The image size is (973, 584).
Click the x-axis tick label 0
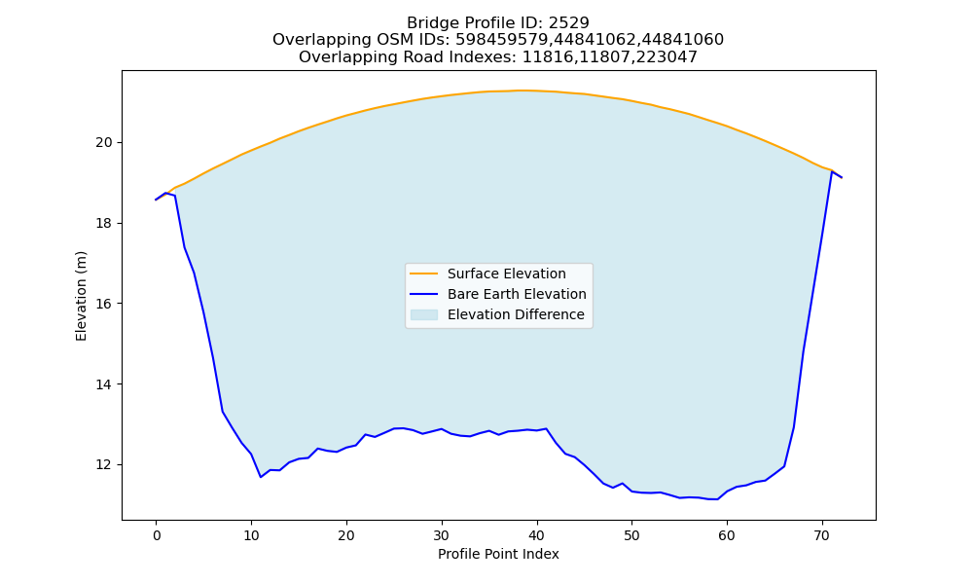point(157,535)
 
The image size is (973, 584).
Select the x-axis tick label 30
point(441,535)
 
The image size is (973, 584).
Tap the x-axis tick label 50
point(631,535)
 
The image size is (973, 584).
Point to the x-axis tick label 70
point(821,535)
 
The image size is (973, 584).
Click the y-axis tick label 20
point(104,143)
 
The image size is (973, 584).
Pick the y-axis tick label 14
point(104,384)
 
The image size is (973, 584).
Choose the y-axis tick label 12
point(104,465)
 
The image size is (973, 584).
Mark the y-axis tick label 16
point(104,304)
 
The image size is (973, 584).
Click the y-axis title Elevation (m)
point(82,296)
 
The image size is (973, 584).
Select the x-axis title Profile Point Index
point(498,554)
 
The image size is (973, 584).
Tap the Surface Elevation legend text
point(506,274)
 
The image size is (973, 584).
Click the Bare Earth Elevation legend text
point(517,294)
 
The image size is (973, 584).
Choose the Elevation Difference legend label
point(516,314)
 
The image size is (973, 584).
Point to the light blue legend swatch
point(424,314)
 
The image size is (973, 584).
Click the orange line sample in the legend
point(424,274)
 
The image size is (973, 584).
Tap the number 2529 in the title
point(568,23)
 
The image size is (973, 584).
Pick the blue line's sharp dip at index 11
point(261,477)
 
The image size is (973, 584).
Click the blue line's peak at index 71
point(832,171)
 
